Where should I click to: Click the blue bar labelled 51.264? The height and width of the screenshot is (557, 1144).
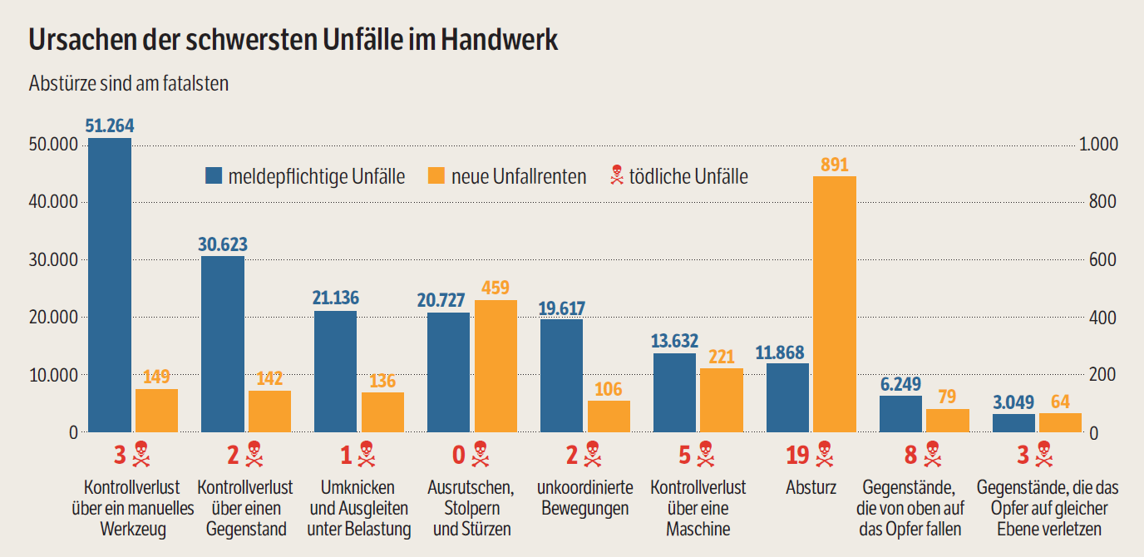(110, 285)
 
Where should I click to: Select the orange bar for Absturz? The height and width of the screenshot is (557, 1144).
(834, 304)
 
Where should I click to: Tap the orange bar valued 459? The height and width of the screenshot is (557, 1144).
(495, 366)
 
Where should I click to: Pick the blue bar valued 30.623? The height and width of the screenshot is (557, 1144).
(223, 344)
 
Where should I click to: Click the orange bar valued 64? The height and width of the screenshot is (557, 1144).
(1060, 422)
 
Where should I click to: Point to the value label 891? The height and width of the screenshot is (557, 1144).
(834, 165)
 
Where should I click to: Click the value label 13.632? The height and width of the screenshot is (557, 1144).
(675, 341)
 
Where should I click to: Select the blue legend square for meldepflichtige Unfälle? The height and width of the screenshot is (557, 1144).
(214, 176)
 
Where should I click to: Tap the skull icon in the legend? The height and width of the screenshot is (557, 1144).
(616, 175)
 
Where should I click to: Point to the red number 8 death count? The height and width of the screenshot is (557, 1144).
(911, 455)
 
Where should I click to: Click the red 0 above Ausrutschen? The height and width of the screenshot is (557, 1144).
(459, 455)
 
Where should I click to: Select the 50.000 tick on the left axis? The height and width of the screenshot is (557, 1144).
(53, 145)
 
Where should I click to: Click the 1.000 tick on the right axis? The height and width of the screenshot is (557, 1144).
(1098, 145)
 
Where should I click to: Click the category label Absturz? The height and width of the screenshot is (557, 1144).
(811, 487)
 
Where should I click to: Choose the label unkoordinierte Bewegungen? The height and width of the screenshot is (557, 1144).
(584, 497)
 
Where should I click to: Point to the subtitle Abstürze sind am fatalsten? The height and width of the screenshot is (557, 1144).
(129, 84)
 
